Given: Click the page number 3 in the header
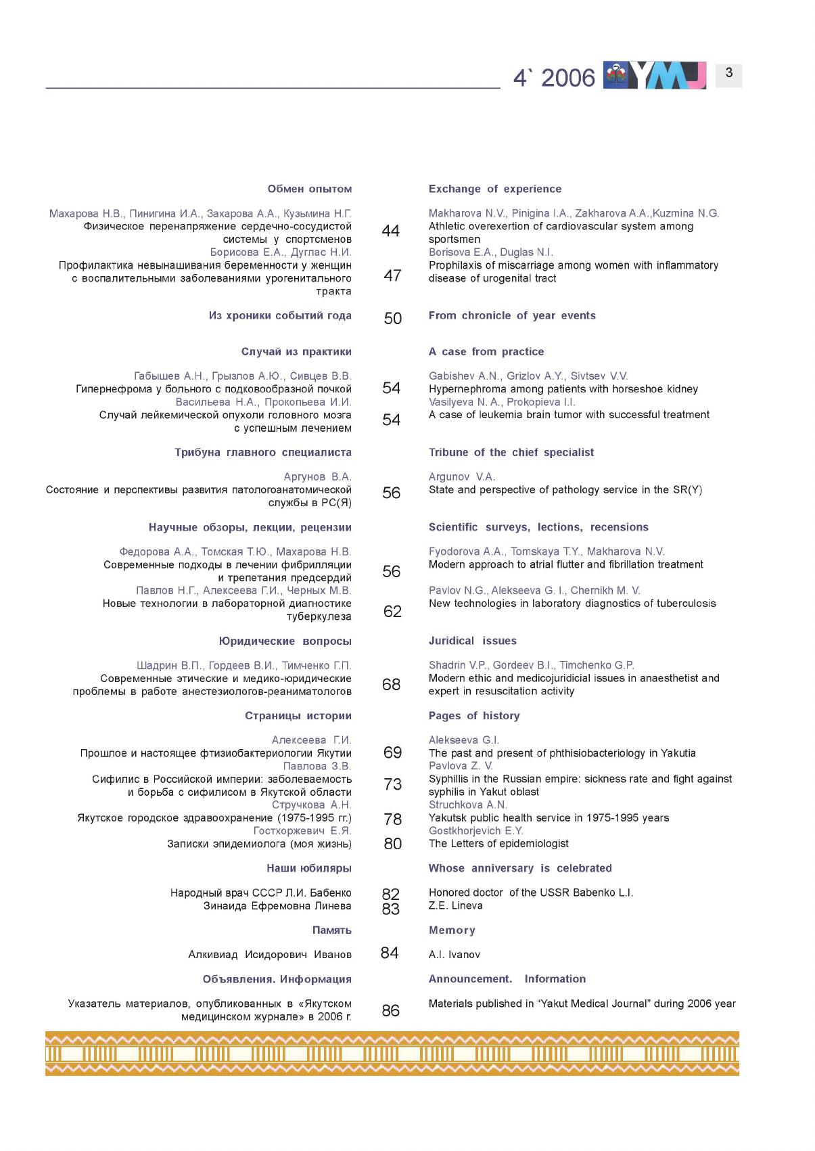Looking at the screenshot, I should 728,73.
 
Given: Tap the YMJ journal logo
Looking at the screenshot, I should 655,75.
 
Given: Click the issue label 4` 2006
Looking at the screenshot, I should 554,78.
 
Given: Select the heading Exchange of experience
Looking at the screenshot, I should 494,189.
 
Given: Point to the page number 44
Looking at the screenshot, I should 390,231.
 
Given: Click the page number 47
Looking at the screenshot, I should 392,275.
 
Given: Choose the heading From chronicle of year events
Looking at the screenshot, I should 512,315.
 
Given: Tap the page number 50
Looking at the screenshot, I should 392,319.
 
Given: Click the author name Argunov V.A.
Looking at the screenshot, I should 462,477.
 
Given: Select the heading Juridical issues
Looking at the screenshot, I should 472,641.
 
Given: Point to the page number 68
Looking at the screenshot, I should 391,685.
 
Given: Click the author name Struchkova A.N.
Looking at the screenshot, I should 467,805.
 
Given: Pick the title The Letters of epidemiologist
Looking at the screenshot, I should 498,844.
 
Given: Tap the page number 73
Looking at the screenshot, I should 392,784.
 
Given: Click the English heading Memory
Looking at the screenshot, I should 452,930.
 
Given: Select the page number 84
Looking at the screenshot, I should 390,953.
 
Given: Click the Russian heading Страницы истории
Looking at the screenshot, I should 298,716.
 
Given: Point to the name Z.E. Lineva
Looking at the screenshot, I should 455,905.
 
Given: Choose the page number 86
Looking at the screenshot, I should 390,1011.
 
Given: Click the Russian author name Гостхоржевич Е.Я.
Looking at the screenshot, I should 302,831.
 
